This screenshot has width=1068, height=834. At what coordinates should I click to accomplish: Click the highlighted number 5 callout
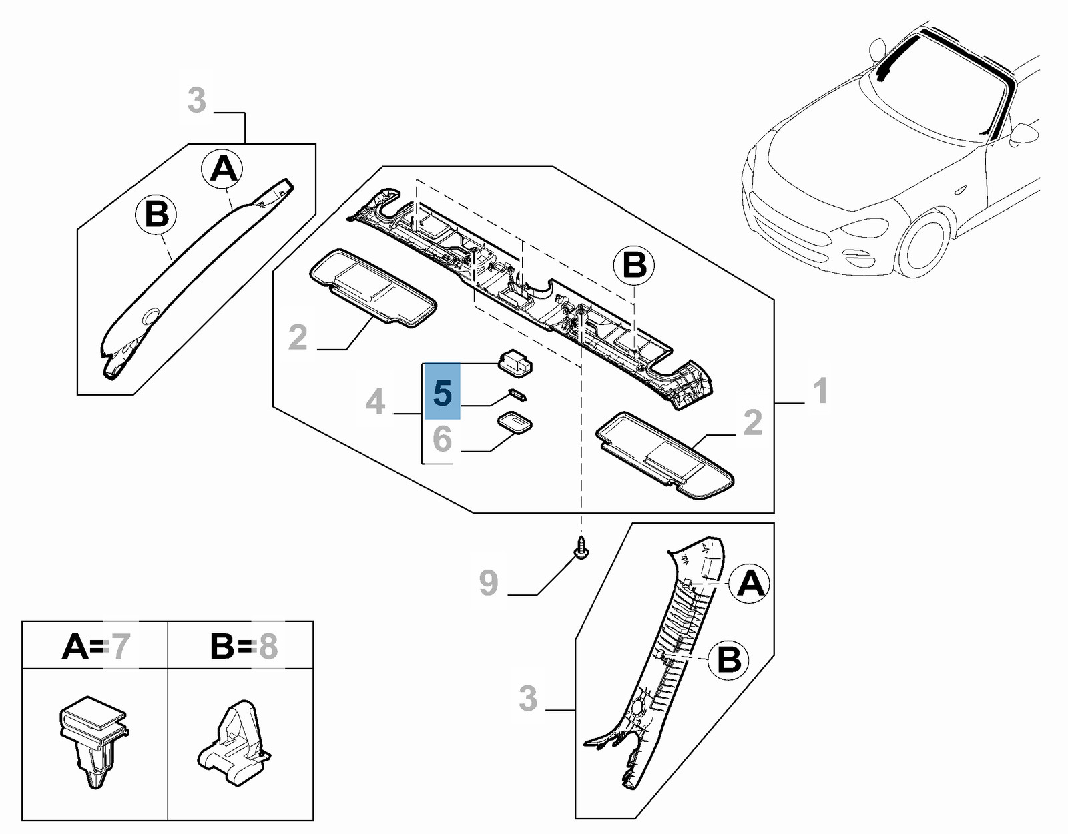click(442, 392)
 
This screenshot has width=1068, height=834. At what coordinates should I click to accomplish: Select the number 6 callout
click(442, 438)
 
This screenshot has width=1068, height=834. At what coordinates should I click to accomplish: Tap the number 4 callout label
click(375, 402)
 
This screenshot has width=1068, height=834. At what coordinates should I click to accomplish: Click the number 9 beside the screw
click(489, 582)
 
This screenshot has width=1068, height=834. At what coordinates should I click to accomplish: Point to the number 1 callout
click(820, 390)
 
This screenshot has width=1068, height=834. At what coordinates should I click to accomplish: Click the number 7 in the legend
click(120, 646)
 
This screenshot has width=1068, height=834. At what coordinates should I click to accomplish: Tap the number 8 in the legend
click(267, 646)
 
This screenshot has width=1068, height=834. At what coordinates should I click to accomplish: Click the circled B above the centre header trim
click(633, 265)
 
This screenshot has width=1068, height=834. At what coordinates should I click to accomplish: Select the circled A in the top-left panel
click(224, 169)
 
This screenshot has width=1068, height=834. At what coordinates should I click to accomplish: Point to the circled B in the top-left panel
click(157, 215)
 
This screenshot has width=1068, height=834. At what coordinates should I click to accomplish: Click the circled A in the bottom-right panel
click(750, 584)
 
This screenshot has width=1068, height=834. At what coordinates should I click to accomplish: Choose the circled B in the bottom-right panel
click(729, 660)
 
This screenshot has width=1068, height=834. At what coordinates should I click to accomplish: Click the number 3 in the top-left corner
click(196, 100)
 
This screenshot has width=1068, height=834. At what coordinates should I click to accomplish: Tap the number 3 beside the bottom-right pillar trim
click(528, 699)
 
